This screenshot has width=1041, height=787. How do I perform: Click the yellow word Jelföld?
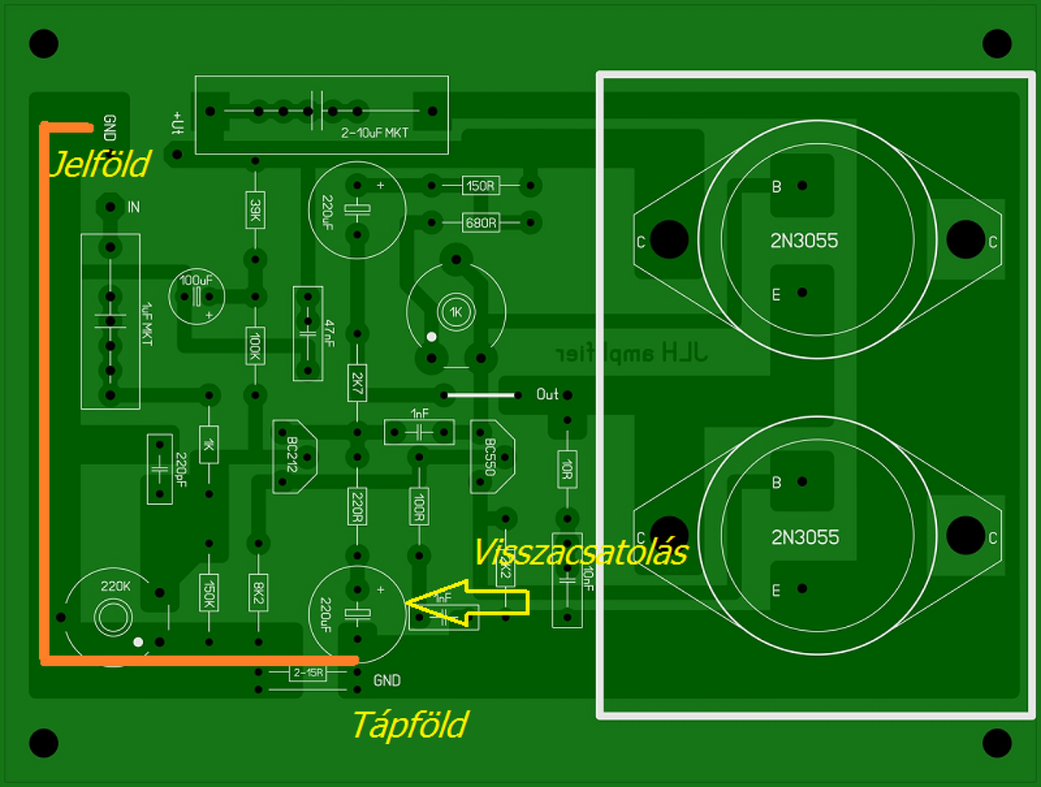click(x=100, y=164)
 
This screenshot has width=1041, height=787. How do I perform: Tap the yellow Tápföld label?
click(x=410, y=724)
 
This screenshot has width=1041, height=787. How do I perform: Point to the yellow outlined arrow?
click(x=468, y=602)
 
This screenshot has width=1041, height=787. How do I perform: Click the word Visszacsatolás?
click(x=580, y=553)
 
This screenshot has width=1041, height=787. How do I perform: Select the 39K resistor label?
click(x=255, y=211)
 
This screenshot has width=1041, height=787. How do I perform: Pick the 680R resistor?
click(x=480, y=222)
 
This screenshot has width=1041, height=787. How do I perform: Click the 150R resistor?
click(x=480, y=186)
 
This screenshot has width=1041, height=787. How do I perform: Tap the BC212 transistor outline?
click(x=293, y=456)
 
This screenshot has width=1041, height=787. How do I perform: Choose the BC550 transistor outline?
click(x=490, y=457)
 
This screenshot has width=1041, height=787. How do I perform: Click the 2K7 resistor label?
click(x=356, y=382)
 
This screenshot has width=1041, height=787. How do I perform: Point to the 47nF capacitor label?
click(x=329, y=333)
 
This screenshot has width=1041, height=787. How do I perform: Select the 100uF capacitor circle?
click(x=196, y=295)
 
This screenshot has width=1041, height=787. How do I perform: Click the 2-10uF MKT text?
click(x=374, y=133)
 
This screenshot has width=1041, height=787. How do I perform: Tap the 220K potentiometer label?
click(x=115, y=586)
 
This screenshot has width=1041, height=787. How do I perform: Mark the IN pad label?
click(x=133, y=207)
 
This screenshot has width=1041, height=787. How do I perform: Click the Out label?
click(x=547, y=394)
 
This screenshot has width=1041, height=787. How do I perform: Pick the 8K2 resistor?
click(x=258, y=593)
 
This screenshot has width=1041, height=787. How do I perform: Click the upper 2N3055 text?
click(x=804, y=241)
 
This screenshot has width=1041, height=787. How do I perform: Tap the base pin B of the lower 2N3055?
click(x=801, y=481)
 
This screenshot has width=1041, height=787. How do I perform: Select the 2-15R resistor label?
click(x=308, y=673)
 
